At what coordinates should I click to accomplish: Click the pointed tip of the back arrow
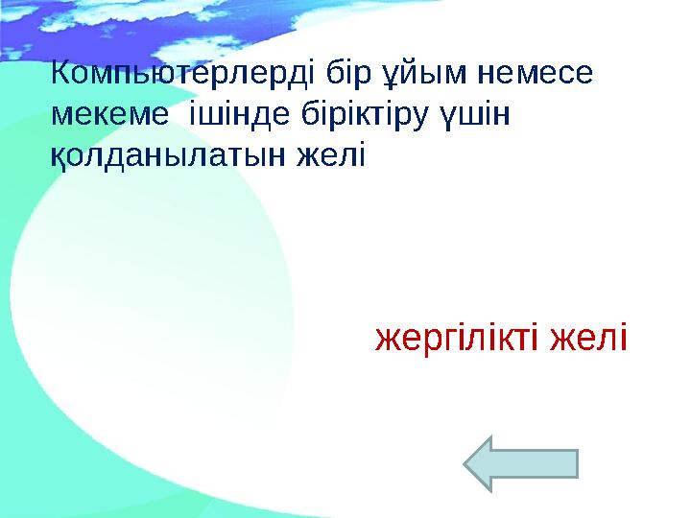click(x=467, y=464)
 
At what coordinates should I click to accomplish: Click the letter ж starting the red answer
click(x=385, y=339)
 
